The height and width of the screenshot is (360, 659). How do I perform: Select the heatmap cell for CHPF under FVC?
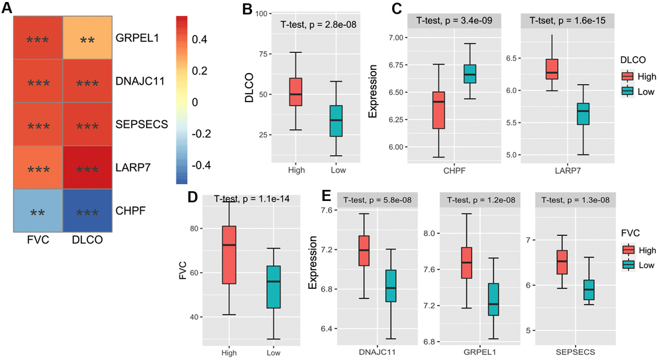tap(38, 211)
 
